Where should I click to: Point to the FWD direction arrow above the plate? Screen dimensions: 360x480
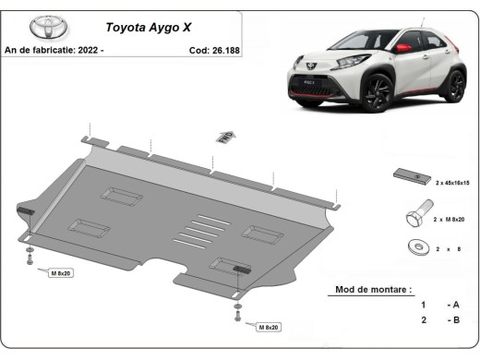223,137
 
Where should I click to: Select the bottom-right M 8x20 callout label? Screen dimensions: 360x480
269,327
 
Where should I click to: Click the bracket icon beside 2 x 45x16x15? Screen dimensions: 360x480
408,176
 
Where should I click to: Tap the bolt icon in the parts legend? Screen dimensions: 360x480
414,217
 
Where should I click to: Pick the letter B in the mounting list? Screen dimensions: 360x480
455,319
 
